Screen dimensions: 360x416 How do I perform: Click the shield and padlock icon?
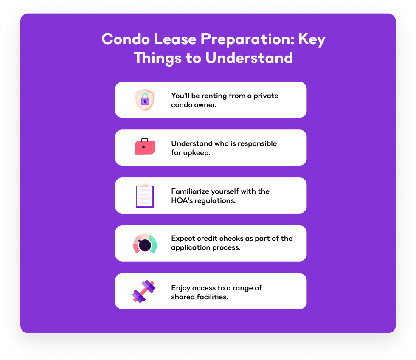(145, 100)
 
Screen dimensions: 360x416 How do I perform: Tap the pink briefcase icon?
(145, 147)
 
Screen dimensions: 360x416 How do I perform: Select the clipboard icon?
(145, 196)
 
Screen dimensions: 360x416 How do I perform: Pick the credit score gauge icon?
(145, 244)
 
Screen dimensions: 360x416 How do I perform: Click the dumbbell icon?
(144, 291)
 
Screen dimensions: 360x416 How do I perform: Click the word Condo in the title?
(123, 39)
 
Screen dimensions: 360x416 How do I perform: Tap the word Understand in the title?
(249, 57)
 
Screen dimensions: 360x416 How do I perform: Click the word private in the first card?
(266, 96)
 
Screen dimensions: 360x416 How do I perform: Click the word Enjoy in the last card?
(181, 288)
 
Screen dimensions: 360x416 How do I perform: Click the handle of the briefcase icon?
(145, 140)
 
